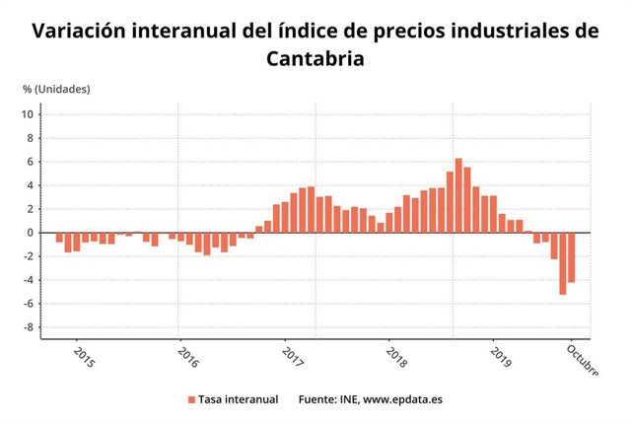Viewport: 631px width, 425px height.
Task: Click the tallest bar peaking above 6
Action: click(458, 195)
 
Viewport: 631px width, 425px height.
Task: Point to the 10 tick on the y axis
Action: click(29, 114)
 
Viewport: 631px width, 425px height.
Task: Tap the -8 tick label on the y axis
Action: click(29, 327)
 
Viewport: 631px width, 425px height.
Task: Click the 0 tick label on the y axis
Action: click(31, 233)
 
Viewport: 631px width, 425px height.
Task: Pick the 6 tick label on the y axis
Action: click(31, 162)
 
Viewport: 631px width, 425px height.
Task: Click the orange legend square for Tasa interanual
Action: click(191, 399)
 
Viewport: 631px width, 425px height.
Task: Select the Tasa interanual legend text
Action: click(238, 399)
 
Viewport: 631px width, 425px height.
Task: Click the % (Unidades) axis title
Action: click(56, 89)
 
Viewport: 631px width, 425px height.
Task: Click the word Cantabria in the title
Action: click(315, 58)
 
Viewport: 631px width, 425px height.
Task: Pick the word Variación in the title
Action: click(85, 31)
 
